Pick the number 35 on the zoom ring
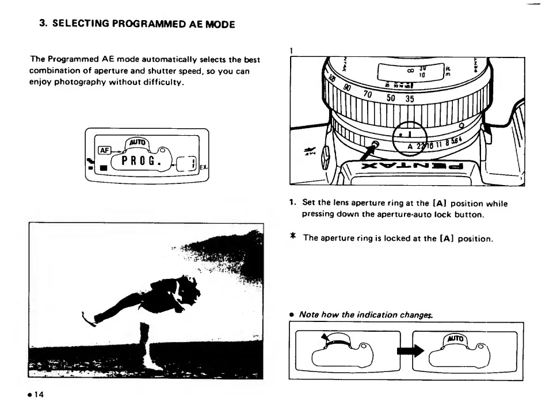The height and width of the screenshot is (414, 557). click(409, 98)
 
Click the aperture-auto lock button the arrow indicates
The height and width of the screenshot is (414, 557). click(376, 144)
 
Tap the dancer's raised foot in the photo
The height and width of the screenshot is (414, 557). click(86, 317)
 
